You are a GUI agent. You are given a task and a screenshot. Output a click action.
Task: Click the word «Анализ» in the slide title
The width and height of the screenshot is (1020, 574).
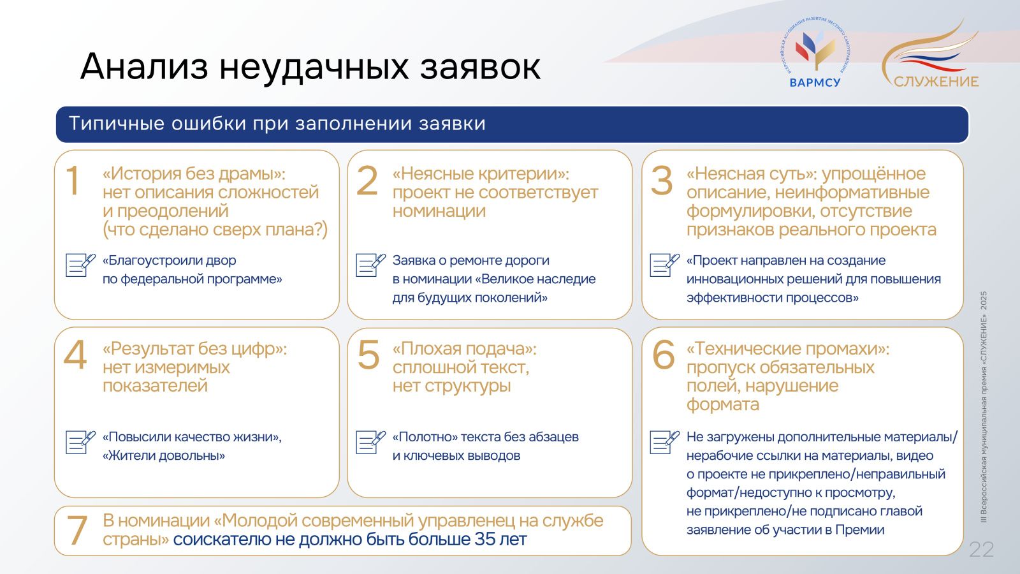144,66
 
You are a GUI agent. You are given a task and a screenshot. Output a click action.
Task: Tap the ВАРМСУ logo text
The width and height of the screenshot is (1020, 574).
815,82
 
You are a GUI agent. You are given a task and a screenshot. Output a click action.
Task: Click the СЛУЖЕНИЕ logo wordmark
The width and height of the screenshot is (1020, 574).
936,82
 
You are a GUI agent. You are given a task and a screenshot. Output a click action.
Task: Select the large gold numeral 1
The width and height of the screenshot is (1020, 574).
73,180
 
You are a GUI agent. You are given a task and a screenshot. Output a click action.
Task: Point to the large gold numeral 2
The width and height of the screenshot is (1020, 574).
367,180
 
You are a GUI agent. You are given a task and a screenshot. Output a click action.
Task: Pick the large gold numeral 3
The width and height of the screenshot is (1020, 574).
662,181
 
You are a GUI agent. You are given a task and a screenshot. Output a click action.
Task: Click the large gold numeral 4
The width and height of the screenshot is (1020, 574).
75,355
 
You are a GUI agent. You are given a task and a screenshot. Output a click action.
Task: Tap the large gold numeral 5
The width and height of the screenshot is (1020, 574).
368,355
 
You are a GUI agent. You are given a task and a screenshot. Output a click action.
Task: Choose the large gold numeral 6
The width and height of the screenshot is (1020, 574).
664,355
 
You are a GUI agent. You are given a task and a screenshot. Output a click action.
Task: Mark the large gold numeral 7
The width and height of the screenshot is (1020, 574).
77,530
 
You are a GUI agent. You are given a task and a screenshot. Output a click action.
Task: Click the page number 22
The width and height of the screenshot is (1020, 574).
981,549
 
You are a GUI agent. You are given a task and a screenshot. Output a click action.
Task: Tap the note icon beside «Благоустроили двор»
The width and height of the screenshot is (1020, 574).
80,265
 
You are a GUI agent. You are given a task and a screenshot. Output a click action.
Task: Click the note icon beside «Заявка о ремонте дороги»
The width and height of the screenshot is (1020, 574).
370,265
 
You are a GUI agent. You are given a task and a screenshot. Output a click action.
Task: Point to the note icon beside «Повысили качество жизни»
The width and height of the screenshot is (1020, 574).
80,442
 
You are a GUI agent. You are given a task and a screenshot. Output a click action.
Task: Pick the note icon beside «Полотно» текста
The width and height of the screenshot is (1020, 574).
370,442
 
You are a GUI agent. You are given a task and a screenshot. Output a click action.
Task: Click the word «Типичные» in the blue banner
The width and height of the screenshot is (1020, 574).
117,124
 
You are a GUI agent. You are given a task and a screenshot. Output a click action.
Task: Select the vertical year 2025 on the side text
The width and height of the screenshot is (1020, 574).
984,300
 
